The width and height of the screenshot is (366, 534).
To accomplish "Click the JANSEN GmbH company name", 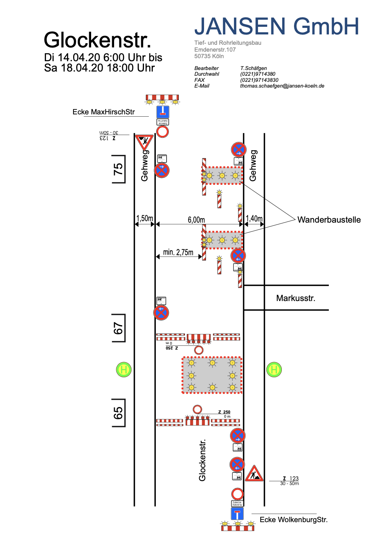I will (x=276, y=26).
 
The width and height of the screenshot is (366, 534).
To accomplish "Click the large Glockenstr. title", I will (x=97, y=40).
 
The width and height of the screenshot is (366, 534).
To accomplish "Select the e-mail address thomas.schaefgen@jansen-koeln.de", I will (x=282, y=86).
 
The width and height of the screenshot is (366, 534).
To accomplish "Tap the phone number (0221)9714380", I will (x=258, y=74).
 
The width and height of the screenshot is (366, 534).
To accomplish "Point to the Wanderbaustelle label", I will (x=329, y=220).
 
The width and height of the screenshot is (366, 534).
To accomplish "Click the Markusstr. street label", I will (x=296, y=298).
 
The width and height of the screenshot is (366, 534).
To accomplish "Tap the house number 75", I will (x=118, y=169).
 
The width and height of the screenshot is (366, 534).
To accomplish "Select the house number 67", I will (x=118, y=328).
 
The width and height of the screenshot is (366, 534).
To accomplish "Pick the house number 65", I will (x=118, y=413).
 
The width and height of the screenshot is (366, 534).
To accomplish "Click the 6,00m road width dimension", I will (x=196, y=220).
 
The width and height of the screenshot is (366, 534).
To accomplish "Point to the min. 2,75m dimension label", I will (x=178, y=252).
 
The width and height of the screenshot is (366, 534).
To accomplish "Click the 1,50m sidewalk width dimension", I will (x=145, y=218).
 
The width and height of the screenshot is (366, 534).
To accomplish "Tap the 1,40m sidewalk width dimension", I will (x=254, y=218).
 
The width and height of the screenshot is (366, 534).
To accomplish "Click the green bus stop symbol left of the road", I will (x=124, y=370).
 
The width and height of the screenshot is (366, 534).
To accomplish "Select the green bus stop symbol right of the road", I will (x=274, y=370).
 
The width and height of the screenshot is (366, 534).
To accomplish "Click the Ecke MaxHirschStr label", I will (x=104, y=112).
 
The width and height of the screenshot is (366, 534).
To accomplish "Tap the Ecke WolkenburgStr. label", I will (x=294, y=519).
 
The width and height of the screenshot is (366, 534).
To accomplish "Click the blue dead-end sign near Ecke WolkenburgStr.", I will (x=237, y=514).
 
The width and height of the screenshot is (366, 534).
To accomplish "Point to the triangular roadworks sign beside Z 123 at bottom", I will (x=254, y=474).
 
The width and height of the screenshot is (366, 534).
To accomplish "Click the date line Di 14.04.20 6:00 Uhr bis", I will (x=103, y=57).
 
